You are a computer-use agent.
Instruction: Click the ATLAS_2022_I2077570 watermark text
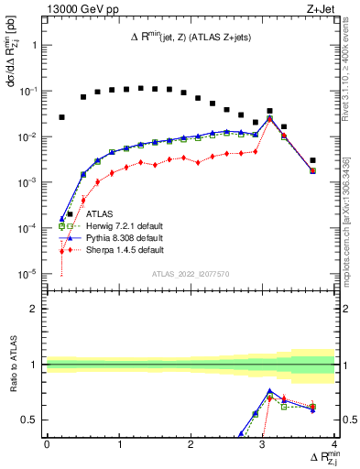coord(190,273)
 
